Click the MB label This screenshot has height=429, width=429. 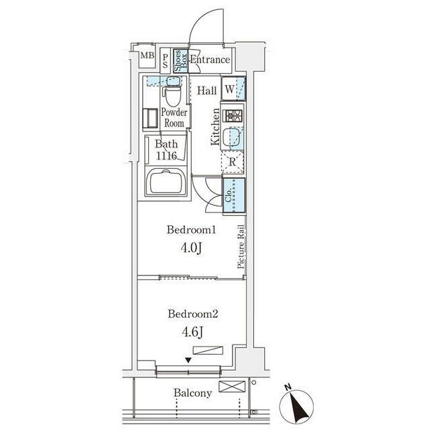(147, 56)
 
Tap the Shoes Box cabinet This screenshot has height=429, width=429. (180, 61)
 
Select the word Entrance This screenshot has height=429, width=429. (210, 60)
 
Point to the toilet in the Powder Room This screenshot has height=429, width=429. (173, 93)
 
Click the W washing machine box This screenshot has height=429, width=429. (233, 88)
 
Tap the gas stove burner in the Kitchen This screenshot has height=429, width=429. (233, 116)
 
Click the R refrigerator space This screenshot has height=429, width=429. (233, 162)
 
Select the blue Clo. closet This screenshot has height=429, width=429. (234, 195)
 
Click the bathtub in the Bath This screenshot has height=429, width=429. (166, 182)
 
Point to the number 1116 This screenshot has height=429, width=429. (166, 156)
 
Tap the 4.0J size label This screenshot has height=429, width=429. (191, 248)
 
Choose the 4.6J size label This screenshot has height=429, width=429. (192, 332)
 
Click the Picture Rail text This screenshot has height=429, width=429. (241, 246)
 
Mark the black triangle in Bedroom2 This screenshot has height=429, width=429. (188, 360)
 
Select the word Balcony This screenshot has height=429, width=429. (193, 393)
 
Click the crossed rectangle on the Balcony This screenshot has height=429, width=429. (233, 386)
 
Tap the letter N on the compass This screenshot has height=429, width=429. (288, 387)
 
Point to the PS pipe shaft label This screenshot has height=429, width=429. (166, 61)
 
